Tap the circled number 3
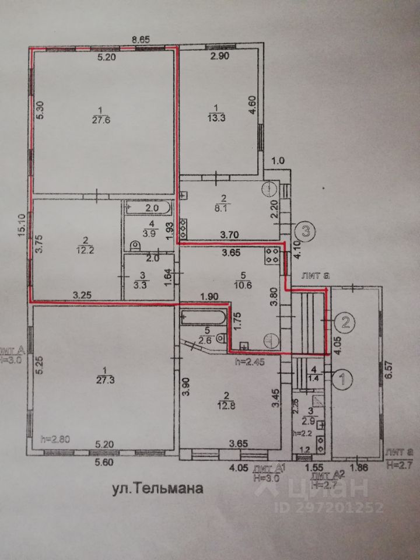305,230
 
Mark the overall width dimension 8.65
141,40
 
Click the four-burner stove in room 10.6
272,255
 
